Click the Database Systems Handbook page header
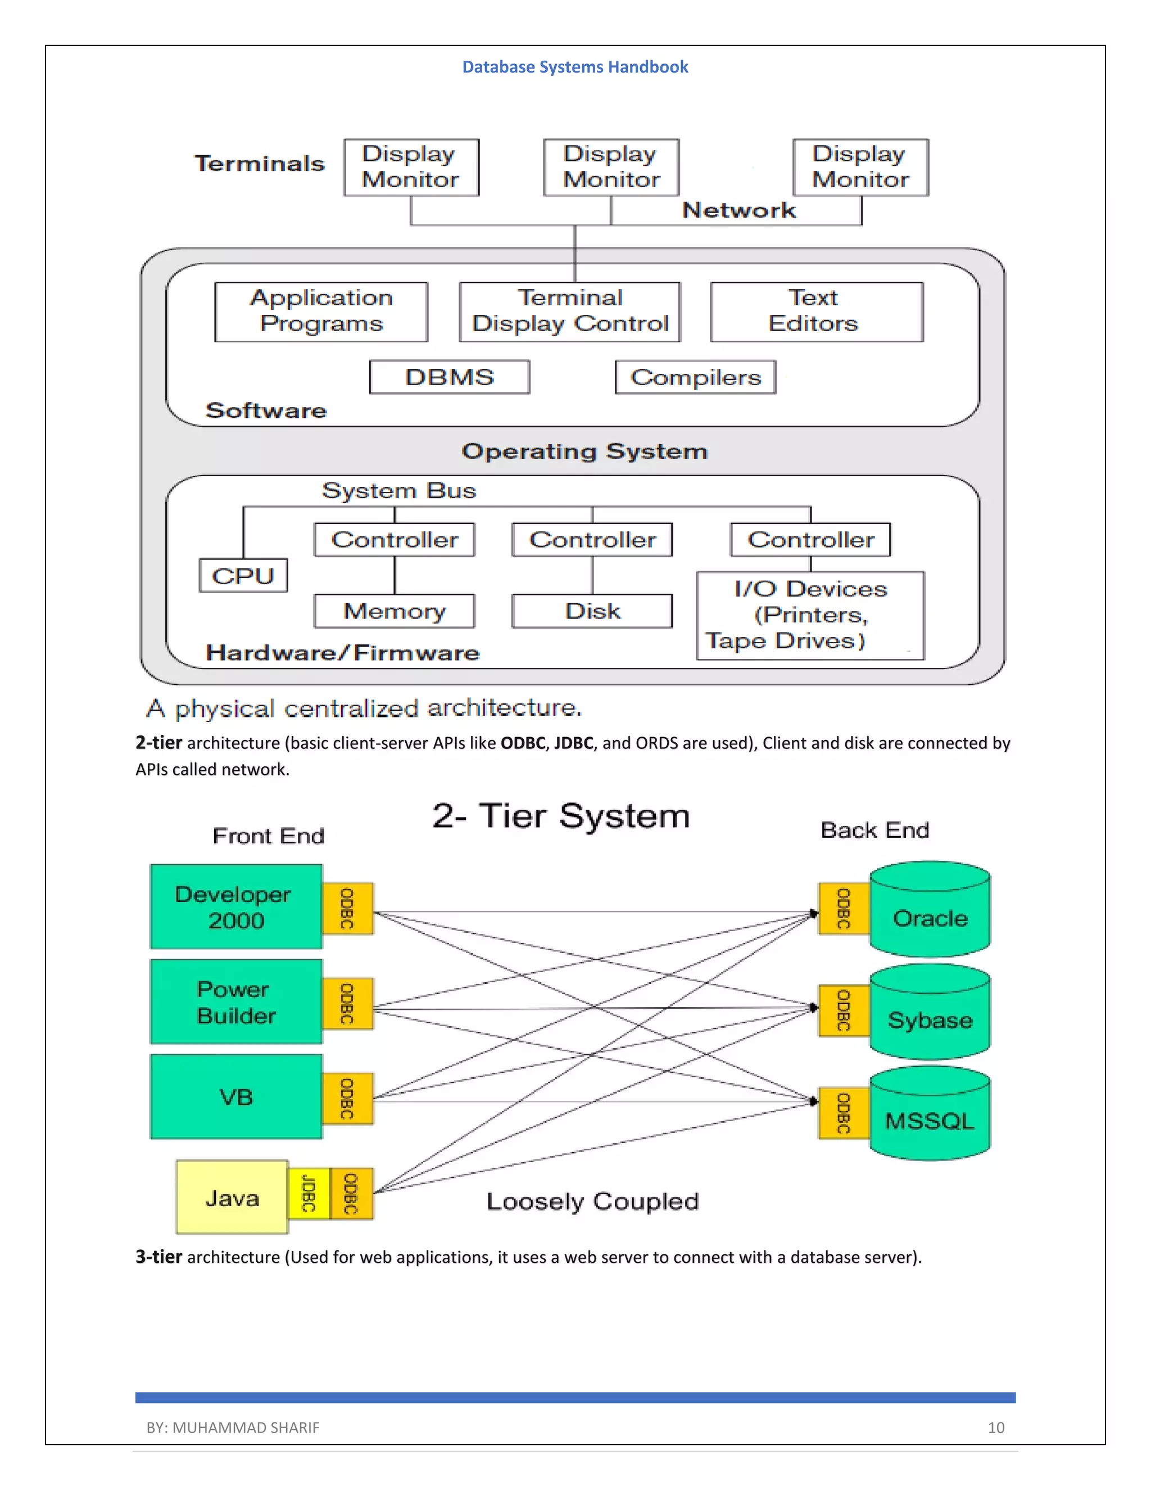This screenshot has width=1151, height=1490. click(575, 67)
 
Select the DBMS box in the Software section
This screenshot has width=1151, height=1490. click(450, 377)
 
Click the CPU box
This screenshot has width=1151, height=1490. click(243, 576)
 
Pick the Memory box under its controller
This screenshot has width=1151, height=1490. click(394, 611)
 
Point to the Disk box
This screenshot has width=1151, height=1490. click(592, 611)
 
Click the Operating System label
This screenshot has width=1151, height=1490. click(584, 451)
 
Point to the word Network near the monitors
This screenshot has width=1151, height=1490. click(738, 210)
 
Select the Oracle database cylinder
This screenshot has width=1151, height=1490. click(930, 911)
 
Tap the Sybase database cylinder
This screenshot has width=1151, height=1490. click(930, 1013)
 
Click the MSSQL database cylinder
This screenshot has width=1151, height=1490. click(930, 1115)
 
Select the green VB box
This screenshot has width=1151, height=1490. click(236, 1097)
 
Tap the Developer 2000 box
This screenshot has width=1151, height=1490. click(236, 907)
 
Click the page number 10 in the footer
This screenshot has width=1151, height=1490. click(995, 1427)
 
